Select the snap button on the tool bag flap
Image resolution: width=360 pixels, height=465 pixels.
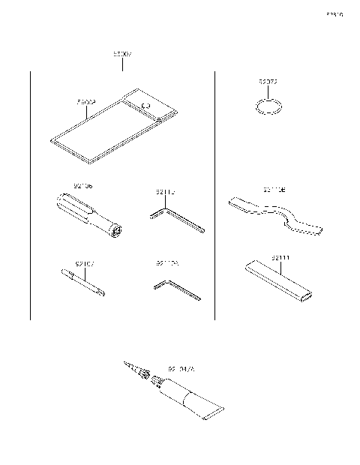click(146, 108)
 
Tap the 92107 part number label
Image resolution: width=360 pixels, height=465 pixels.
click(84, 263)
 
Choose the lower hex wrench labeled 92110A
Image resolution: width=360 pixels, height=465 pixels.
click(176, 290)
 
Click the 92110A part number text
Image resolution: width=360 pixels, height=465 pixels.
click(167, 263)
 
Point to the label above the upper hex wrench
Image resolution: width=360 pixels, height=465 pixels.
click(166, 193)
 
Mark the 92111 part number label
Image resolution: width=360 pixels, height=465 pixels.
click(281, 258)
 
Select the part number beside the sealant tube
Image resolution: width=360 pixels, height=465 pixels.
click(181, 369)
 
